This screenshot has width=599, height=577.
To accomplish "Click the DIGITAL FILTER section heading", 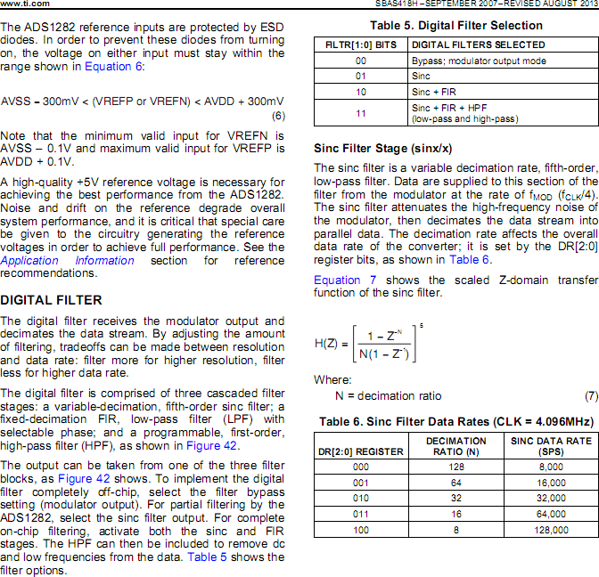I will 52,300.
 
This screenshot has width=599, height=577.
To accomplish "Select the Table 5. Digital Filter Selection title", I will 455,25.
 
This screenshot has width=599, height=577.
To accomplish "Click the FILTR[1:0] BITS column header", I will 360,45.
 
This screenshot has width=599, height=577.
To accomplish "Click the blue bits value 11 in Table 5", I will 360,113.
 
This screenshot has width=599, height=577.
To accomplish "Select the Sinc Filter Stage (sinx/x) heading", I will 383,148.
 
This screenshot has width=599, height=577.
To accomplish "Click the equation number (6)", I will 277,116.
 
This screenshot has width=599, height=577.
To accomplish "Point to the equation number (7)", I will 591,395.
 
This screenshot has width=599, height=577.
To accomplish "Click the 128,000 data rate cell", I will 550,530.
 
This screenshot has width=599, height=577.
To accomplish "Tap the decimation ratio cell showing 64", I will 455,482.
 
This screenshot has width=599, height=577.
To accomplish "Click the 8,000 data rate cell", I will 550,466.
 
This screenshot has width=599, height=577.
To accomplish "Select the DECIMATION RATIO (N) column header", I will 455,446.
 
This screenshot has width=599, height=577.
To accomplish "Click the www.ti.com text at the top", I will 23,4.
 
